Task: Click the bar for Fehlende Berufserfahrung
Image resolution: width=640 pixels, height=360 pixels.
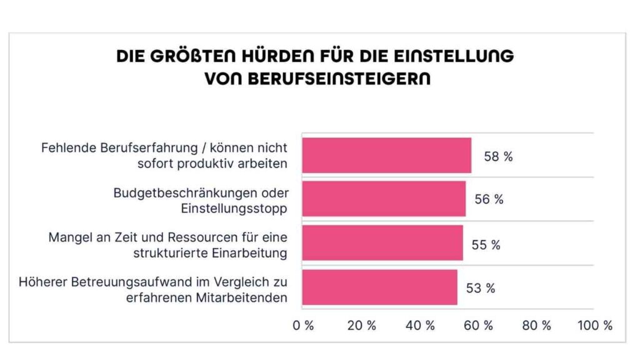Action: [x=386, y=155]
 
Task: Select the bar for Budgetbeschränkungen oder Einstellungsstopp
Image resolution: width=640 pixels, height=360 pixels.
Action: [x=384, y=199]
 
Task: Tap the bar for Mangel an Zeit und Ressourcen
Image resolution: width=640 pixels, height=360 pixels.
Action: [x=382, y=243]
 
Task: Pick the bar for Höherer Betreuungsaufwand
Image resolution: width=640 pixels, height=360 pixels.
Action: [x=379, y=287]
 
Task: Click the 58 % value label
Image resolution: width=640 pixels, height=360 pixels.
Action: [x=498, y=157]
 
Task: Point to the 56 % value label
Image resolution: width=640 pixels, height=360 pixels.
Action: [x=489, y=200]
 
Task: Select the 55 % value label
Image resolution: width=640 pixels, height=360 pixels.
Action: [x=486, y=245]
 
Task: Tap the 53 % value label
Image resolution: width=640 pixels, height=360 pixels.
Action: [x=481, y=288]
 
